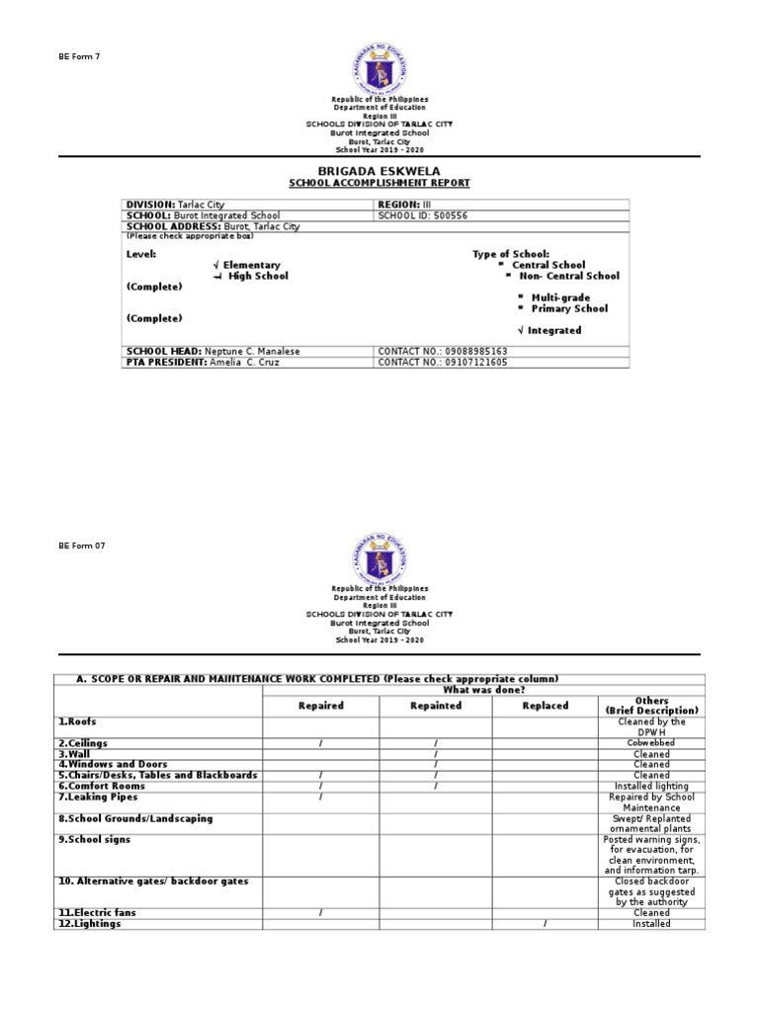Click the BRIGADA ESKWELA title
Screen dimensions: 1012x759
[379, 172]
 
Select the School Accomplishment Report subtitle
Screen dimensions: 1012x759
[379, 184]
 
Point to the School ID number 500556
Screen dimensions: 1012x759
[440, 215]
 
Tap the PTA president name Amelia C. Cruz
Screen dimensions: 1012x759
[246, 363]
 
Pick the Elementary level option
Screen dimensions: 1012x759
[251, 265]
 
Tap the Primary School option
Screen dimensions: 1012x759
[569, 308]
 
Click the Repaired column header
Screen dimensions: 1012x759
[320, 706]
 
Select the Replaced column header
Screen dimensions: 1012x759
[545, 706]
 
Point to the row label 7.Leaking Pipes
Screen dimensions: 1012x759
[98, 797]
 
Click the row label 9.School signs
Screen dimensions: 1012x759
[94, 839]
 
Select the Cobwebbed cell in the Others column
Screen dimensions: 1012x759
[651, 743]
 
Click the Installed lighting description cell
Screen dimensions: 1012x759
[651, 787]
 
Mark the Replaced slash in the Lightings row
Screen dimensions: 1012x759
[545, 924]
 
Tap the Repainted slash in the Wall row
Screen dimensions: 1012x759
[435, 754]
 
